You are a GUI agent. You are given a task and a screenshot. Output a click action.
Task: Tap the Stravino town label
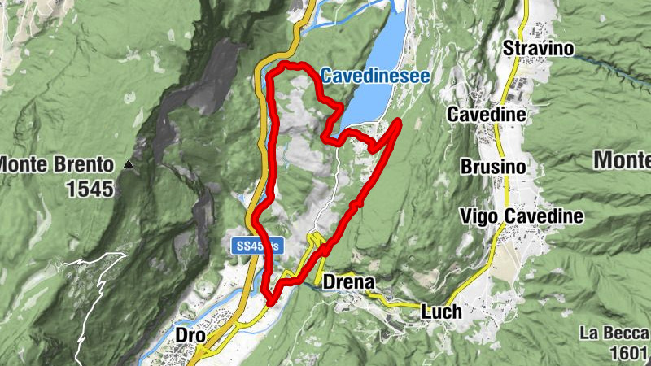[539, 49]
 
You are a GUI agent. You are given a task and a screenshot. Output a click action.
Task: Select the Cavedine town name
[486, 115]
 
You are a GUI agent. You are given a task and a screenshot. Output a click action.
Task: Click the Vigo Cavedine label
[522, 216]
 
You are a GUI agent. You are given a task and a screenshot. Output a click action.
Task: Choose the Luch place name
[441, 311]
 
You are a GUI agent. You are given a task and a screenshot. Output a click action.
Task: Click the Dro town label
[189, 333]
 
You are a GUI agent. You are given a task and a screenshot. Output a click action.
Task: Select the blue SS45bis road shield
[256, 245]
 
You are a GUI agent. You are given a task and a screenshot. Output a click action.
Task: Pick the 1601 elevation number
[627, 354]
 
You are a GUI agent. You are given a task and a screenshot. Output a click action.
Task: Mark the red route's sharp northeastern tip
[400, 121]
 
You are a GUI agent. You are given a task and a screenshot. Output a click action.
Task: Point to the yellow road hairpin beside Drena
[315, 239]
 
